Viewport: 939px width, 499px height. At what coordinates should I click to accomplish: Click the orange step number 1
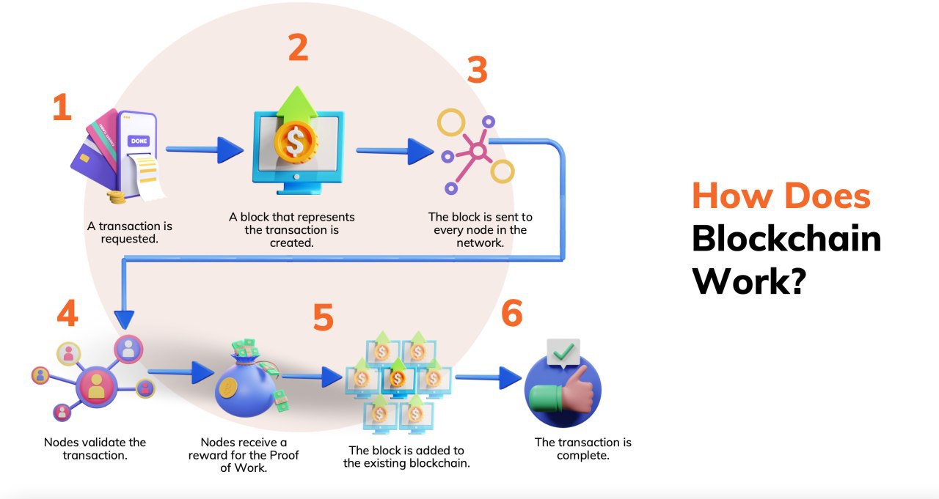click(62, 108)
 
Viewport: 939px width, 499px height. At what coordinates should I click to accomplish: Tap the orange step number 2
click(297, 48)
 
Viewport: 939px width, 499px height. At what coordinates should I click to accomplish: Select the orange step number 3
click(478, 71)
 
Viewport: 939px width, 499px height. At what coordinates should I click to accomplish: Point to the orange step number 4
click(67, 314)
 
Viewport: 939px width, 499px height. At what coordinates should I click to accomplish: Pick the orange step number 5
click(323, 317)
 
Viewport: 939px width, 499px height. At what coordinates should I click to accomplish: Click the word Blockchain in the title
click(786, 239)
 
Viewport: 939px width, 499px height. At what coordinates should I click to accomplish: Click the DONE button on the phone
click(139, 140)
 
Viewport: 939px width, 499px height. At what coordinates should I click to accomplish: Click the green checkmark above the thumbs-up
click(563, 353)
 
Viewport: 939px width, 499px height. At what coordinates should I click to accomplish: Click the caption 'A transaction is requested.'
click(130, 232)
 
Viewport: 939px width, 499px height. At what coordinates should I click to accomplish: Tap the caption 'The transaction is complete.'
click(582, 448)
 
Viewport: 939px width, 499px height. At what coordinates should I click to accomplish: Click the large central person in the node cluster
click(96, 385)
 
